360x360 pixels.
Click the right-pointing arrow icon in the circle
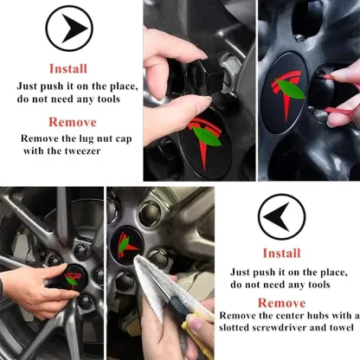(73, 29)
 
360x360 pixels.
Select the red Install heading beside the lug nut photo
(68, 68)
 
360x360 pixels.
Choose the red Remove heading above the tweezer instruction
(73, 122)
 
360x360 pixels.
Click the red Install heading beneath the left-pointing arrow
(281, 253)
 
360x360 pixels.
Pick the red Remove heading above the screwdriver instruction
(281, 303)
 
